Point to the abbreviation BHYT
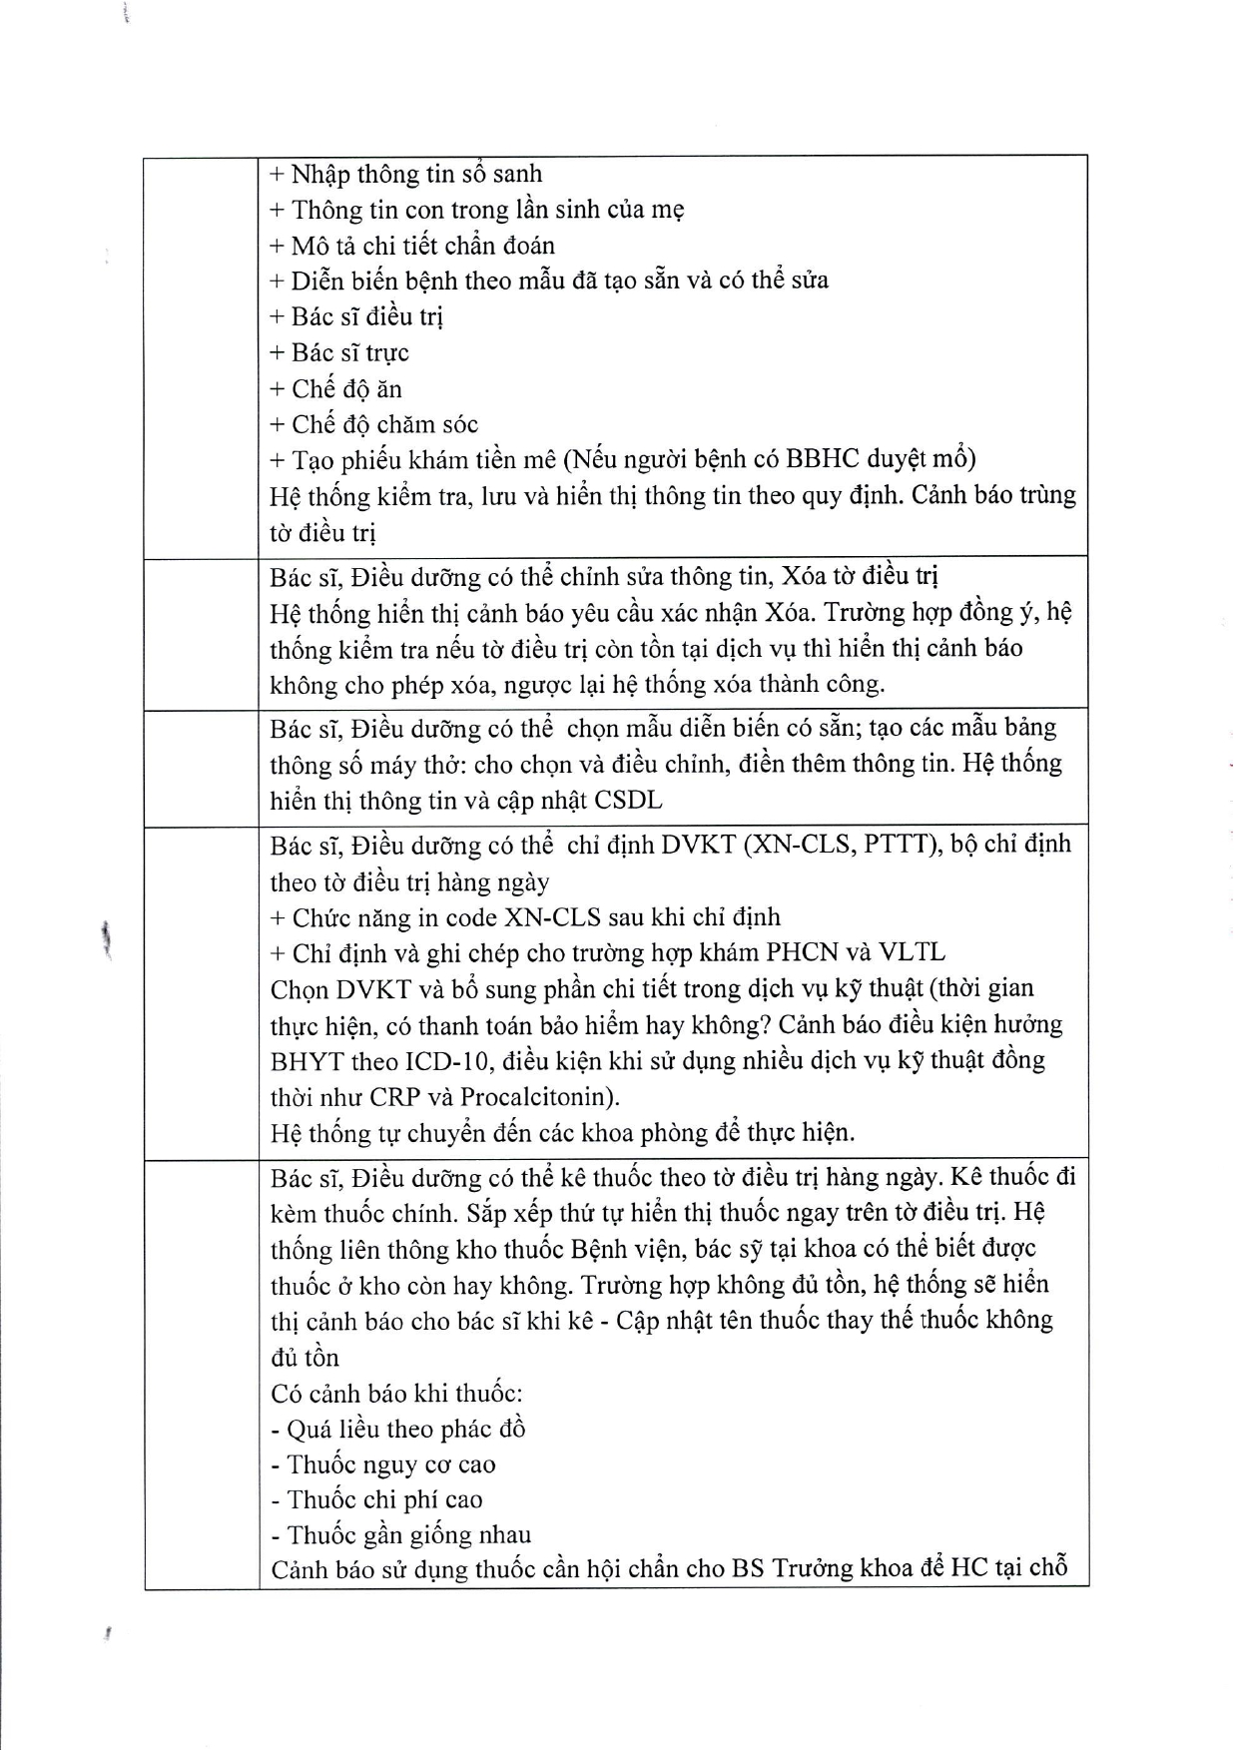click(307, 1060)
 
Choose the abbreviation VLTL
click(911, 952)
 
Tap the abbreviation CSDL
click(628, 801)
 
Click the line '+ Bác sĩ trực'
click(339, 352)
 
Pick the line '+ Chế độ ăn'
click(335, 388)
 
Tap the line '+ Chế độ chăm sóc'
click(373, 424)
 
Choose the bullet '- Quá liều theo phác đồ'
click(397, 1429)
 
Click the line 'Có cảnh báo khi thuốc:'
click(396, 1393)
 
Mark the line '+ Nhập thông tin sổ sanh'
click(405, 174)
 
